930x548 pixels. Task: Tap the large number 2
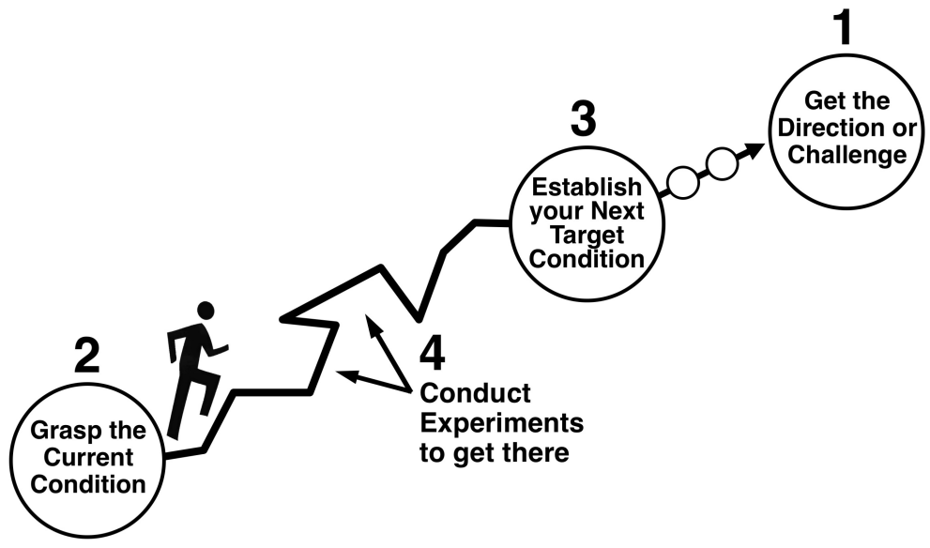[x=86, y=358]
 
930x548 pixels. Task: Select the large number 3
[x=582, y=119]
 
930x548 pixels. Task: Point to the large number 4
[x=433, y=354]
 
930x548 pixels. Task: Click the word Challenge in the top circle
[x=847, y=154]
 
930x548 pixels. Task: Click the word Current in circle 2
[x=88, y=458]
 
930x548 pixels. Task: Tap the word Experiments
[x=501, y=423]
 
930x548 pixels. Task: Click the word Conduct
[x=475, y=392]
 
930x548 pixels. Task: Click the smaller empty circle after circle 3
[x=682, y=182]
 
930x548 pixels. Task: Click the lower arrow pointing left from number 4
[x=361, y=378]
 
